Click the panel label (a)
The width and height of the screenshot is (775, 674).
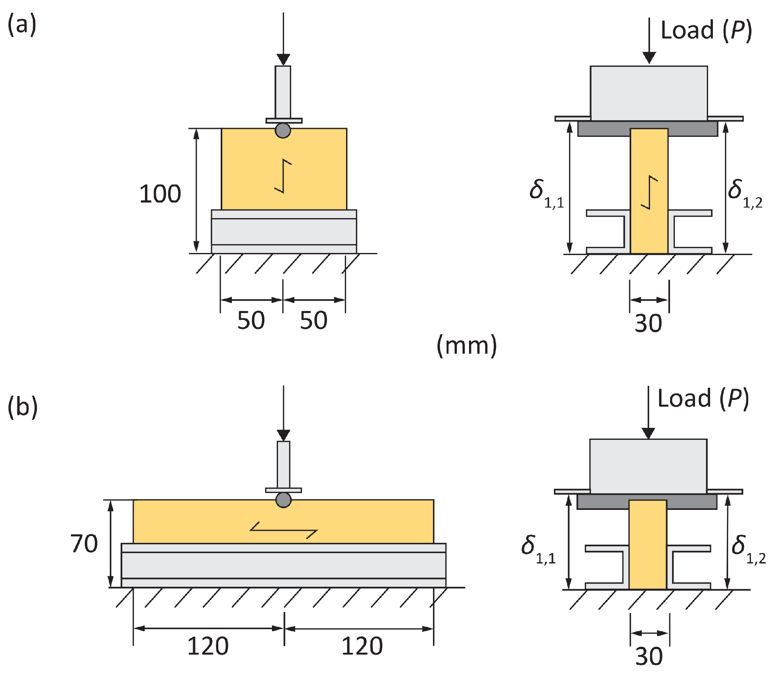[22, 25]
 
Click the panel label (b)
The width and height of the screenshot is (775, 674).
[23, 407]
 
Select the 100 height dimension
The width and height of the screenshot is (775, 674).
[160, 194]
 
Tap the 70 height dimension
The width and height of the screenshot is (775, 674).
[84, 544]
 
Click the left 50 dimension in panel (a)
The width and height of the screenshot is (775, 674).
[251, 320]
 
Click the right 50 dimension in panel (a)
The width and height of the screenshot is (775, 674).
[314, 320]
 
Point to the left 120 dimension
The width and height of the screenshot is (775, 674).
[208, 646]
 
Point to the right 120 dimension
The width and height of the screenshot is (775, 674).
[362, 646]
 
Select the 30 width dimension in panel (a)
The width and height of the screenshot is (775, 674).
[648, 323]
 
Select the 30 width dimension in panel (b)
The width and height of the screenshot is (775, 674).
[649, 656]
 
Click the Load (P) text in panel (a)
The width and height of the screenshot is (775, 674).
[706, 30]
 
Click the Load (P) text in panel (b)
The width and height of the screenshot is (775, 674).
[703, 399]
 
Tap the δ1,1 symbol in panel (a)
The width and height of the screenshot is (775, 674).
[546, 194]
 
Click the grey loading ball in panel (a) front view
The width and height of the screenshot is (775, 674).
[283, 130]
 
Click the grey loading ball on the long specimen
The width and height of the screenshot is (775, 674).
[284, 500]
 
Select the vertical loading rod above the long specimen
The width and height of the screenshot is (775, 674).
[284, 464]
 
